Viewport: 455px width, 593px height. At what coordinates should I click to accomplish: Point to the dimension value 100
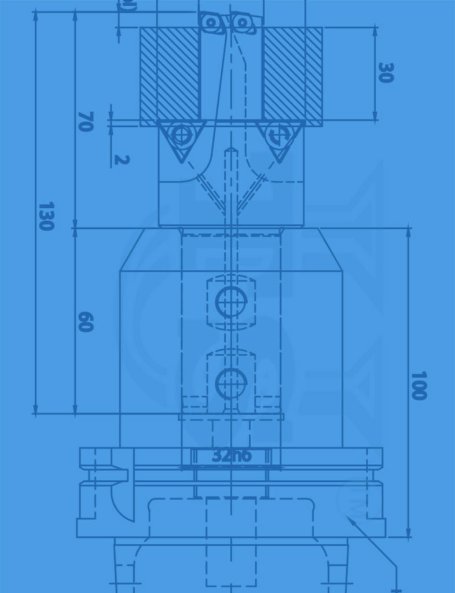pos(419,386)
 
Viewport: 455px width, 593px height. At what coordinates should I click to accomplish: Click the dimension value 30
pos(386,73)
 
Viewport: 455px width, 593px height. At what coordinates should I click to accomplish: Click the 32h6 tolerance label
pos(232,456)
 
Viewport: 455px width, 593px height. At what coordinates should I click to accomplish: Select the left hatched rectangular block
pos(170,74)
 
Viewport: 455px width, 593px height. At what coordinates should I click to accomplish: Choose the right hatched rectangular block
pos(292,74)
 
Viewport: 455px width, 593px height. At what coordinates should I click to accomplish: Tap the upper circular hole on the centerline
pos(231,302)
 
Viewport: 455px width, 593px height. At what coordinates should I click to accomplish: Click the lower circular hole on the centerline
pos(231,383)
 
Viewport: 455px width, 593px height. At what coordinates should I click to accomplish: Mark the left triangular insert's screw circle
pos(182,136)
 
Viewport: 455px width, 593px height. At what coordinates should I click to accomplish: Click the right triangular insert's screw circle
pos(280,136)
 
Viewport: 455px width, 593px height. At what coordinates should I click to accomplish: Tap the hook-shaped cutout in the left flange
pos(120,498)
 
